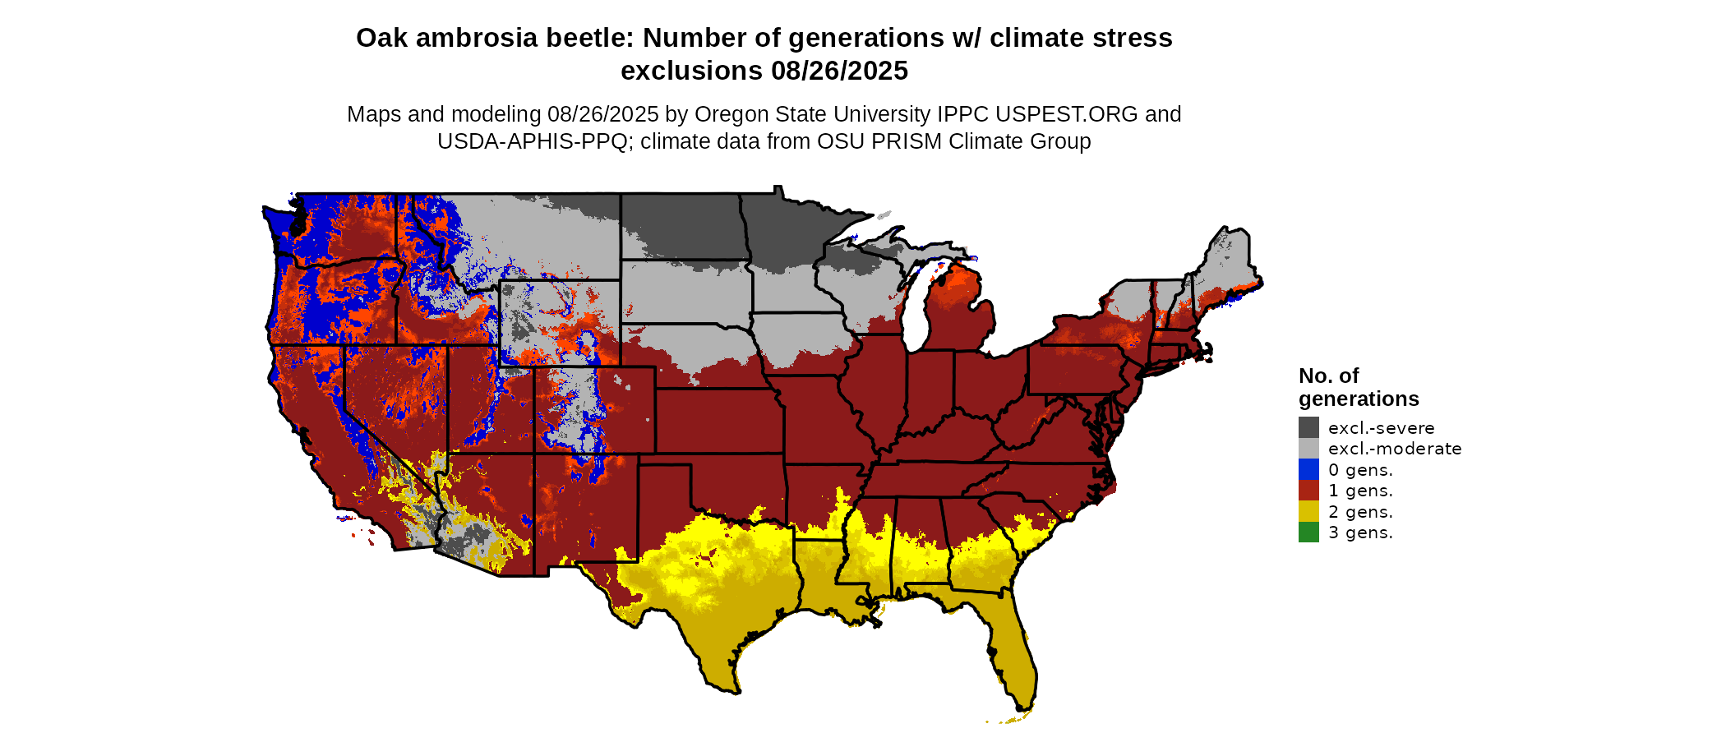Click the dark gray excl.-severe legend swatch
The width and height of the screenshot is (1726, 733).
coord(1308,427)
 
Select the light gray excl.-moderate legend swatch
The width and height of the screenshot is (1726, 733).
coord(1308,449)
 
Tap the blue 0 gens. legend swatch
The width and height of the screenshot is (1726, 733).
coord(1308,469)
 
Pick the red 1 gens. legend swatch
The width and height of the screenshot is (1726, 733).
coord(1308,491)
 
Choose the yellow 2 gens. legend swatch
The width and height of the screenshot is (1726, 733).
coord(1308,511)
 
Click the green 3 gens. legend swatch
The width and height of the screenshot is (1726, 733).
coord(1308,532)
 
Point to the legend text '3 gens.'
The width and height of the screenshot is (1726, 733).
coord(1360,532)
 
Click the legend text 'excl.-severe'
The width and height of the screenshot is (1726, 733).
coord(1381,428)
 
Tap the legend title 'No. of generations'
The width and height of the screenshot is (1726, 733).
coord(1358,387)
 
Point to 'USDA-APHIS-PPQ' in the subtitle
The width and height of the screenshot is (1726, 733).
coord(532,141)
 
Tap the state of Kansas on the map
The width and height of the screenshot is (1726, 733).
coord(715,419)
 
